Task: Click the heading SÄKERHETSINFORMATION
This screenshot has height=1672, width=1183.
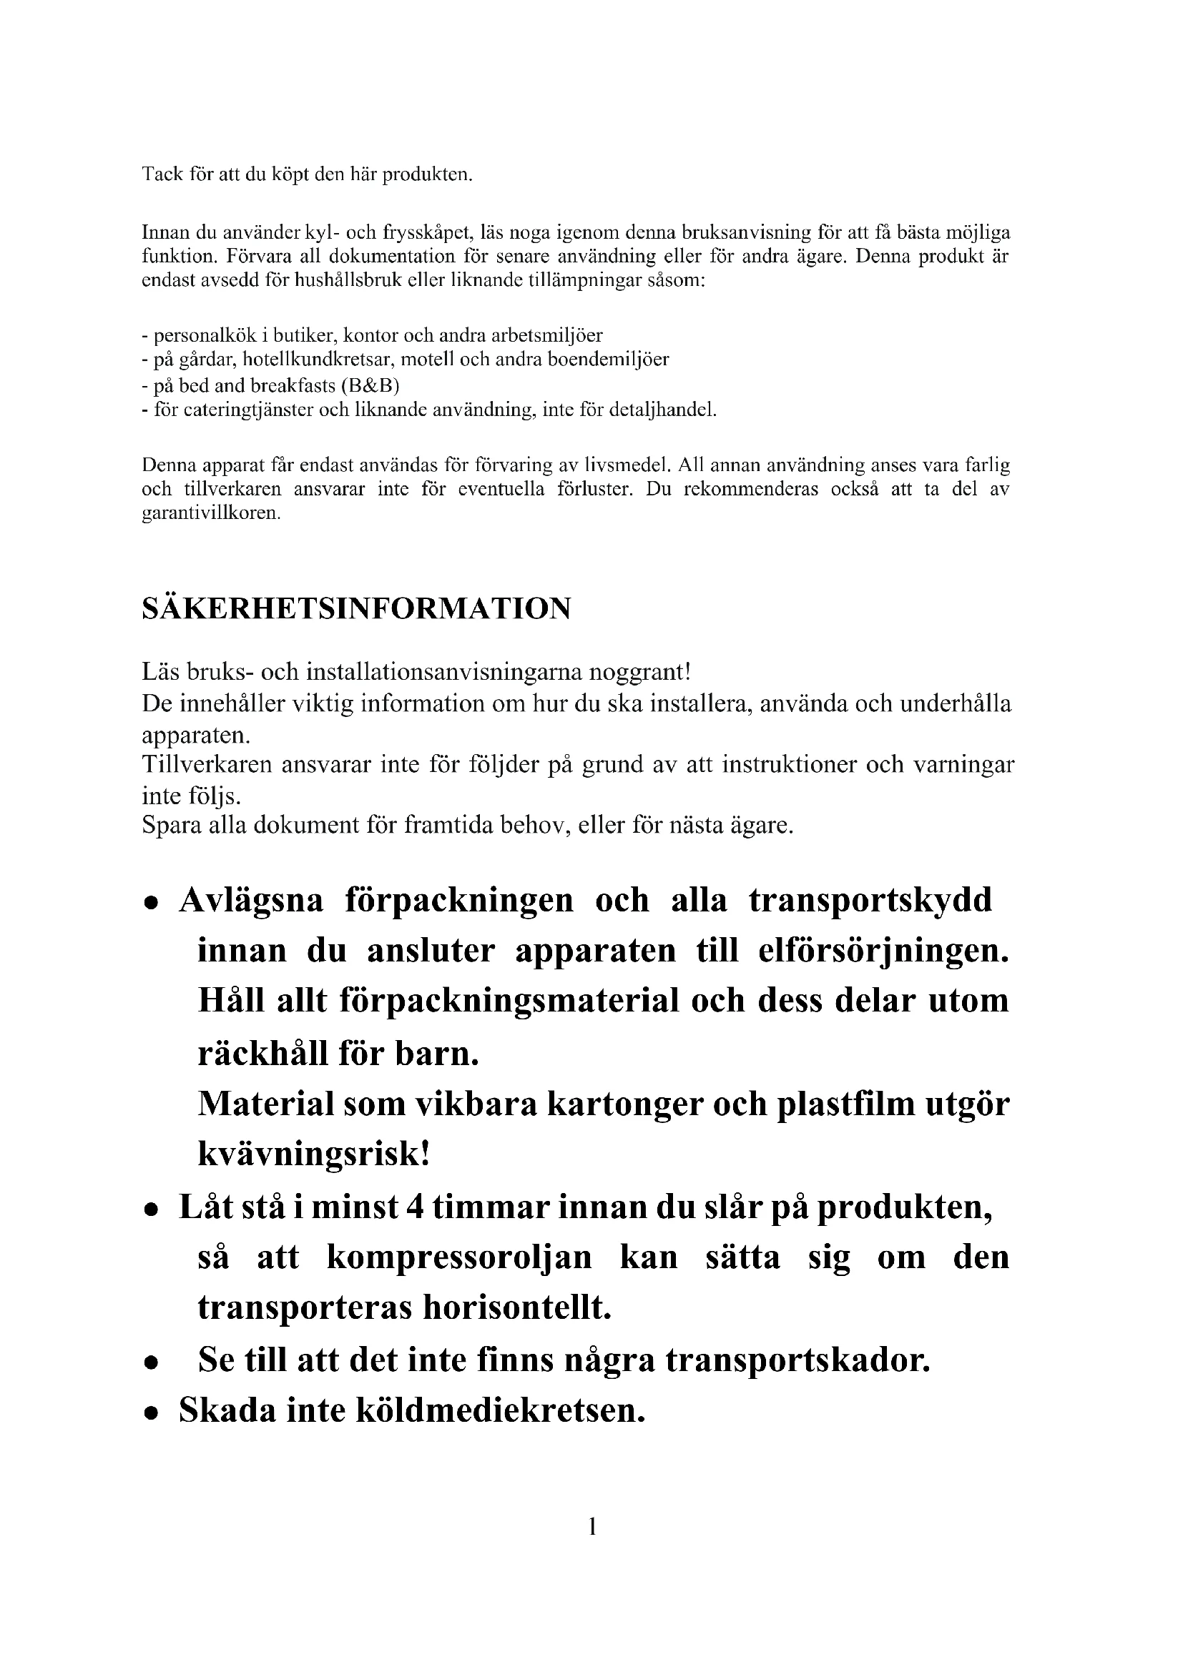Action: pos(356,609)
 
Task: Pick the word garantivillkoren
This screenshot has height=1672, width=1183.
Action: pos(210,513)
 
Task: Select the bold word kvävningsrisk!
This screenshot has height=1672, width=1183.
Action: pos(313,1156)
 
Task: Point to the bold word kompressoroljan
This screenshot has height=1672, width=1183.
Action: pos(459,1257)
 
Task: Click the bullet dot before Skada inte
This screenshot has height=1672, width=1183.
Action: pos(151,1413)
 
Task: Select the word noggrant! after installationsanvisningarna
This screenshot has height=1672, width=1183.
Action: pos(639,671)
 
